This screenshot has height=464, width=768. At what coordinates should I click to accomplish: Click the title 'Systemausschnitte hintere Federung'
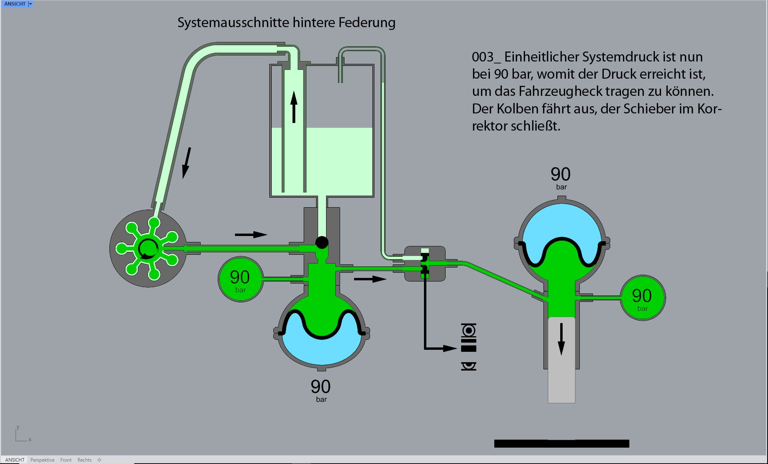[286, 22]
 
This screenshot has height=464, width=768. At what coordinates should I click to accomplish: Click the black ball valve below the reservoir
[322, 242]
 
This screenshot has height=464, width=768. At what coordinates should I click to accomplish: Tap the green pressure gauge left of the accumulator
[240, 279]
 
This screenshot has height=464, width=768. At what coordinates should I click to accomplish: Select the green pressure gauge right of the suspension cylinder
[642, 297]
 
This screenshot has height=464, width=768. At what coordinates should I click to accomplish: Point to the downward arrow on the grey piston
[561, 339]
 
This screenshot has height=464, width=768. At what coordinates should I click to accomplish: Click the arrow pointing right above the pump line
[251, 234]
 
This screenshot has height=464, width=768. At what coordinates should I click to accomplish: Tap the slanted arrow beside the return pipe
[187, 163]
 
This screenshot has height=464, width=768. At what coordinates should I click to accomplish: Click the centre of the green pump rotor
[148, 248]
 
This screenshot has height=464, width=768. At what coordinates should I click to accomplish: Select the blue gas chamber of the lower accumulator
[322, 351]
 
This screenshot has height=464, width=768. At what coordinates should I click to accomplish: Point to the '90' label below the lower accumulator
[320, 387]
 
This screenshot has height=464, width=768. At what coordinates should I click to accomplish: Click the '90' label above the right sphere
[560, 174]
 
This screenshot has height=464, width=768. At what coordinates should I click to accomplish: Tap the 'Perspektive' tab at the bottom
[42, 460]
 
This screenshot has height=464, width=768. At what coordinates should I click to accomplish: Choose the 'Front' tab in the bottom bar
[66, 460]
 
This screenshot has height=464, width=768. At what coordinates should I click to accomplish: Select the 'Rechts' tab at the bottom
[84, 460]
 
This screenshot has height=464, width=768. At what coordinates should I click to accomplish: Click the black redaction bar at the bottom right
[561, 443]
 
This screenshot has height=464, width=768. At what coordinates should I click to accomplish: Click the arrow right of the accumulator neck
[370, 279]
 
